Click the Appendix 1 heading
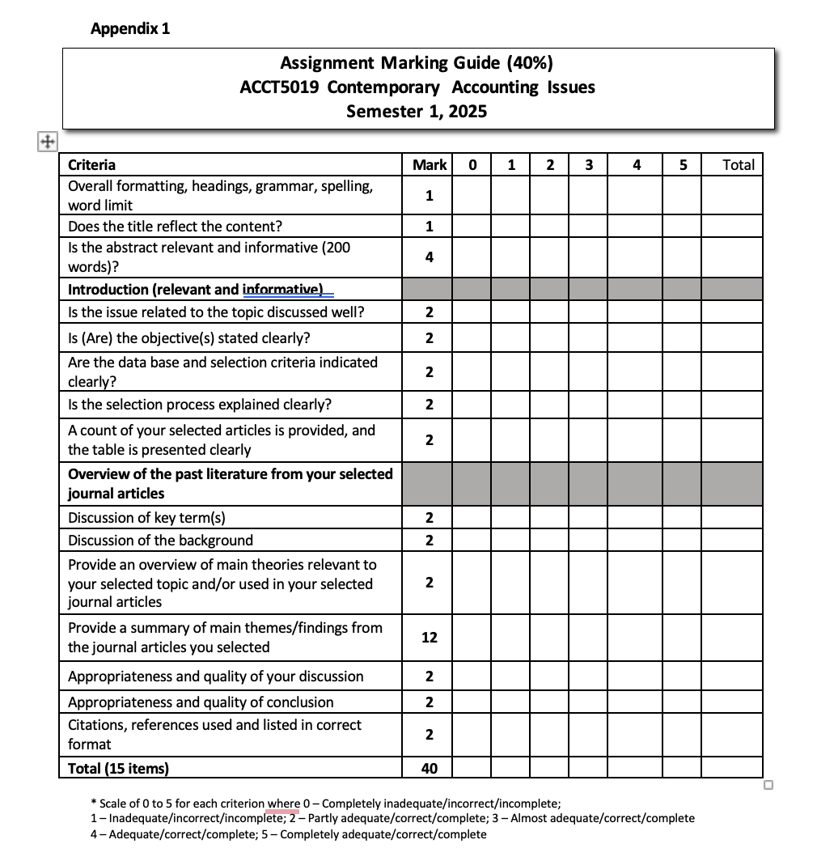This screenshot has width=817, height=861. point(130,29)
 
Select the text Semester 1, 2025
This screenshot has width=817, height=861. point(417,112)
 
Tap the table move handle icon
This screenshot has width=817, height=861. point(47,142)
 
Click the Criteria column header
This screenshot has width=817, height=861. point(91,165)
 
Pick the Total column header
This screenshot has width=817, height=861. point(738,165)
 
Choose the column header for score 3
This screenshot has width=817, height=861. point(588,165)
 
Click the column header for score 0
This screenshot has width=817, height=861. point(472,165)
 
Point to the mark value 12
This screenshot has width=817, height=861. point(429,638)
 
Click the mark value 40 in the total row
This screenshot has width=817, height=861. point(429,768)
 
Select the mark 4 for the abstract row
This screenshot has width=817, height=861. point(429,257)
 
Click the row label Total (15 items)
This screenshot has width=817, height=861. point(118,768)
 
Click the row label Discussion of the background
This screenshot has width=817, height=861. point(160,541)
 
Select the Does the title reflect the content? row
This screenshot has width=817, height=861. point(175,226)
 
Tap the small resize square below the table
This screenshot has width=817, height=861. point(768,784)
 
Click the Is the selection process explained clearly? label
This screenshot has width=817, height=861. point(200,405)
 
